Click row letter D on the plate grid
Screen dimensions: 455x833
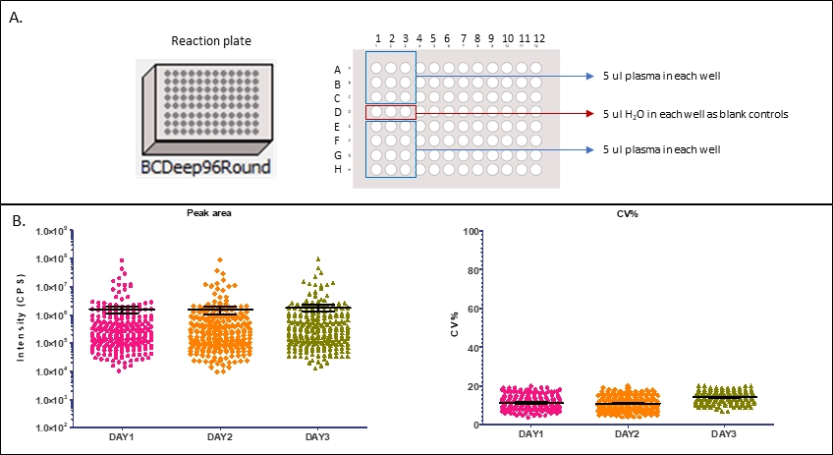(x=339, y=113)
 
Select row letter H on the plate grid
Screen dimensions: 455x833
(x=339, y=170)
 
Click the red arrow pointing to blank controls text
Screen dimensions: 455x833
(x=501, y=113)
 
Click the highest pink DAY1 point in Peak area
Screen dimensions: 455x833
(x=122, y=260)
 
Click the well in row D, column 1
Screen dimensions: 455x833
(x=377, y=113)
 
